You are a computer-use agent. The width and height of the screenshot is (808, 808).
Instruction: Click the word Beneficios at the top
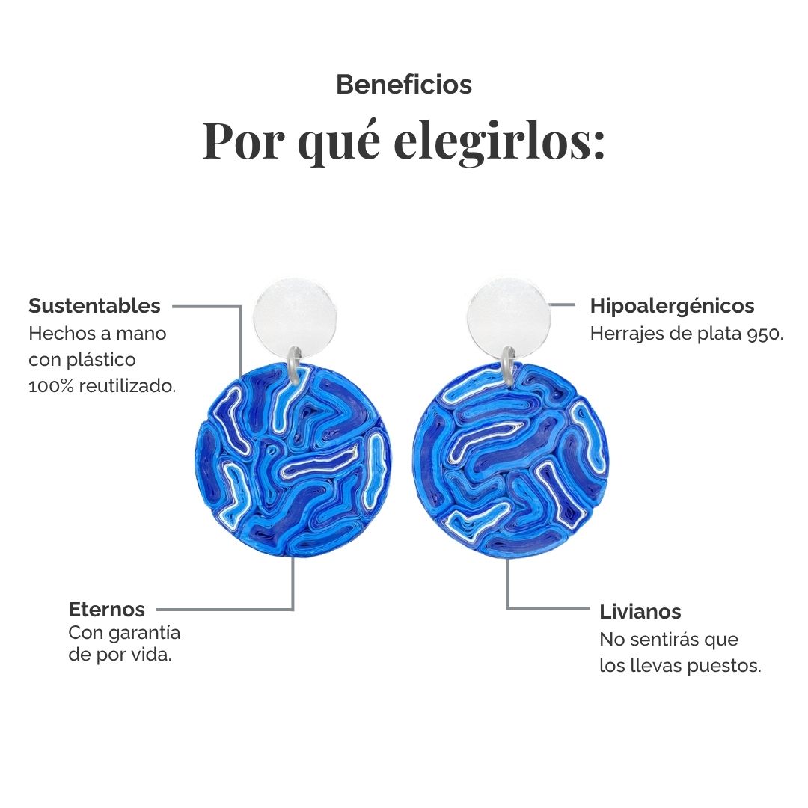(x=404, y=85)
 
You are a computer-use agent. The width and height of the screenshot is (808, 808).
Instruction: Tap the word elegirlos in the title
(x=499, y=141)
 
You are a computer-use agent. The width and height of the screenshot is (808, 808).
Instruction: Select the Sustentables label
(x=94, y=305)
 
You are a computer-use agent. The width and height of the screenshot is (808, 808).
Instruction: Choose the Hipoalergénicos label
(x=672, y=306)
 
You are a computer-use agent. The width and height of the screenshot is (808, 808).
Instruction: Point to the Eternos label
(x=107, y=610)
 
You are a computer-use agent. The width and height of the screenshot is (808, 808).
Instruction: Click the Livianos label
(x=640, y=612)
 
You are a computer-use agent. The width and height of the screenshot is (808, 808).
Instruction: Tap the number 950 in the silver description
(x=762, y=334)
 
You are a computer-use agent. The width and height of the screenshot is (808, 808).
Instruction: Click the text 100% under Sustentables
(x=51, y=386)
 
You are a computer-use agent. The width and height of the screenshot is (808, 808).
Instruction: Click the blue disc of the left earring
(x=293, y=459)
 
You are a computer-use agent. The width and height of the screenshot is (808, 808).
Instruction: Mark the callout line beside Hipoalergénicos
(x=562, y=305)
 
